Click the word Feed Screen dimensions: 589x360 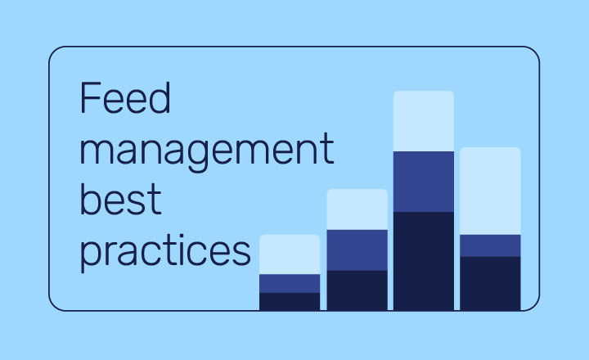(125, 97)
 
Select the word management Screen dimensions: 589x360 (207, 152)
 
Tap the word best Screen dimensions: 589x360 (120, 199)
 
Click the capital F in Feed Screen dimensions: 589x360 (90, 97)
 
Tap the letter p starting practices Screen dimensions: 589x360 (90, 254)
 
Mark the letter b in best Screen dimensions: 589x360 (90, 199)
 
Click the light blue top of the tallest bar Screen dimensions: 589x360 (424, 121)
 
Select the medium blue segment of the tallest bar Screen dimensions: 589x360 (424, 182)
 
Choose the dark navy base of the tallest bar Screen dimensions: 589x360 (424, 261)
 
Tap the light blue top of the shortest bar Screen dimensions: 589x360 (290, 254)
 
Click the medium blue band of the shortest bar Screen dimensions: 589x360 (290, 283)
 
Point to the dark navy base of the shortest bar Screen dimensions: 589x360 (290, 302)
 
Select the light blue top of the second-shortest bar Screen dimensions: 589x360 (357, 209)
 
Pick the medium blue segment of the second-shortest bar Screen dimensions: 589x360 (357, 250)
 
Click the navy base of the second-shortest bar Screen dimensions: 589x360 (357, 290)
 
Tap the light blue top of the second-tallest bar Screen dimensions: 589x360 (490, 191)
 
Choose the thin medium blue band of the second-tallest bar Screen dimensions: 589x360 (490, 245)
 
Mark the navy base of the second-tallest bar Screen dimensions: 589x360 (490, 284)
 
